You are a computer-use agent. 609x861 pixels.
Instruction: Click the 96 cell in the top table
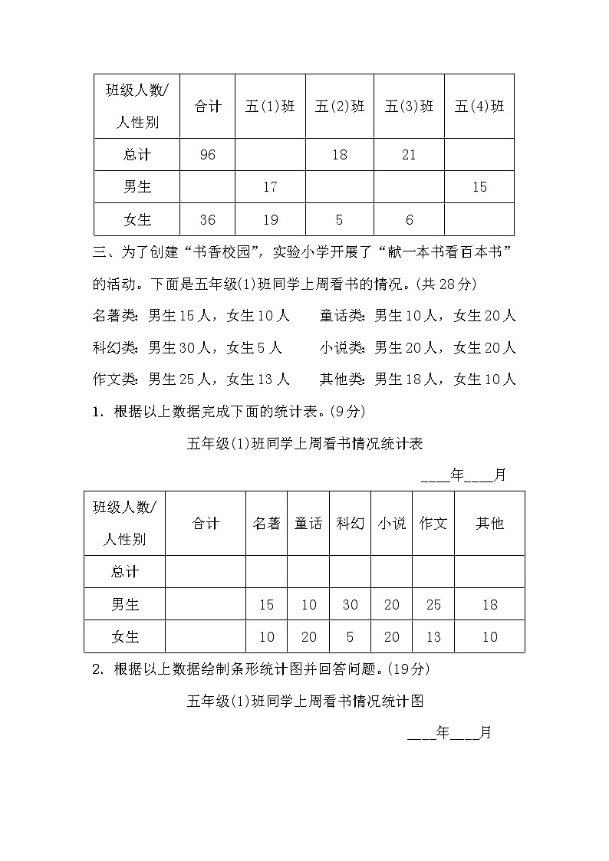(207, 155)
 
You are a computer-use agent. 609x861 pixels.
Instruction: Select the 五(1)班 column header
(270, 107)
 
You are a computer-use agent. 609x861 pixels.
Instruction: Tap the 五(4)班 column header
(479, 107)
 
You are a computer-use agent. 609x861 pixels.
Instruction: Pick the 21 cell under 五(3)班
(409, 155)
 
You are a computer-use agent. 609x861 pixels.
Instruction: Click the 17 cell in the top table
(270, 187)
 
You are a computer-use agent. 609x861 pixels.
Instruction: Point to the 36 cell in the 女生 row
(207, 220)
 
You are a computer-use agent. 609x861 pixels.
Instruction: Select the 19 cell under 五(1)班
(270, 220)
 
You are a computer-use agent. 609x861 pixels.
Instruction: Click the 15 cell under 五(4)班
(479, 187)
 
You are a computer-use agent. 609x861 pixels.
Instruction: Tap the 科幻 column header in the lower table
(350, 524)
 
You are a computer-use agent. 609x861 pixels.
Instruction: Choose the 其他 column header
(489, 524)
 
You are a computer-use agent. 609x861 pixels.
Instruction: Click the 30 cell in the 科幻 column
(350, 605)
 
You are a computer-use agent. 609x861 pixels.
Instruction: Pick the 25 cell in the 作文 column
(433, 605)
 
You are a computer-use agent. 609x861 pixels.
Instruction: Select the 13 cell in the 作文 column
(433, 637)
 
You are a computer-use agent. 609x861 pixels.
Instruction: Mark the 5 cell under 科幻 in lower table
(350, 637)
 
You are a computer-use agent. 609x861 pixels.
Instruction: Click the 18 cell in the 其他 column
(489, 605)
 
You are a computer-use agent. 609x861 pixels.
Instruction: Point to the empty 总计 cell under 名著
(266, 572)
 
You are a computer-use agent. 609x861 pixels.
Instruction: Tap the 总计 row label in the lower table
(125, 572)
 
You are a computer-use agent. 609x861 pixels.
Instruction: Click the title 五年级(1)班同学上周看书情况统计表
(305, 444)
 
